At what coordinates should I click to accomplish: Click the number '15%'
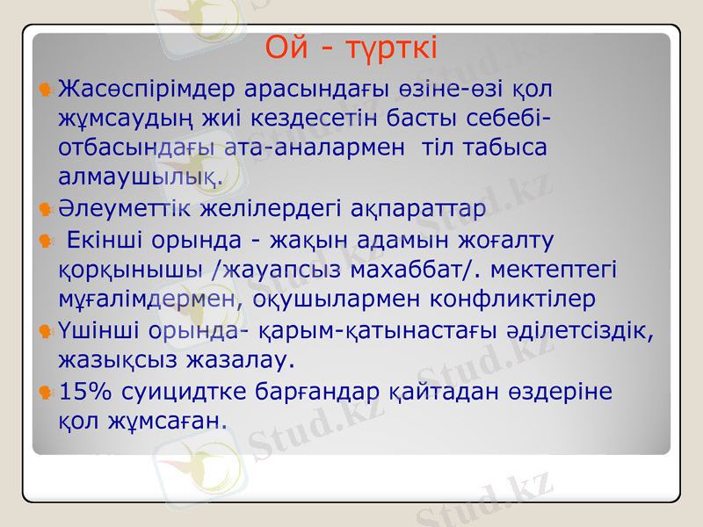pos(81,390)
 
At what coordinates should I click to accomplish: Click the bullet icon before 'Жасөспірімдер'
pos(45,90)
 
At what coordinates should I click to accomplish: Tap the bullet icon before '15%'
pos(45,391)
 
